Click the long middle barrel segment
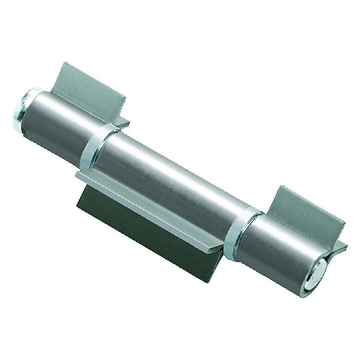pos(170,180)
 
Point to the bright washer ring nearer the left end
pos(93,145)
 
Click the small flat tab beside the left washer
pos(122,122)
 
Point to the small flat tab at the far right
pos(340,247)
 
